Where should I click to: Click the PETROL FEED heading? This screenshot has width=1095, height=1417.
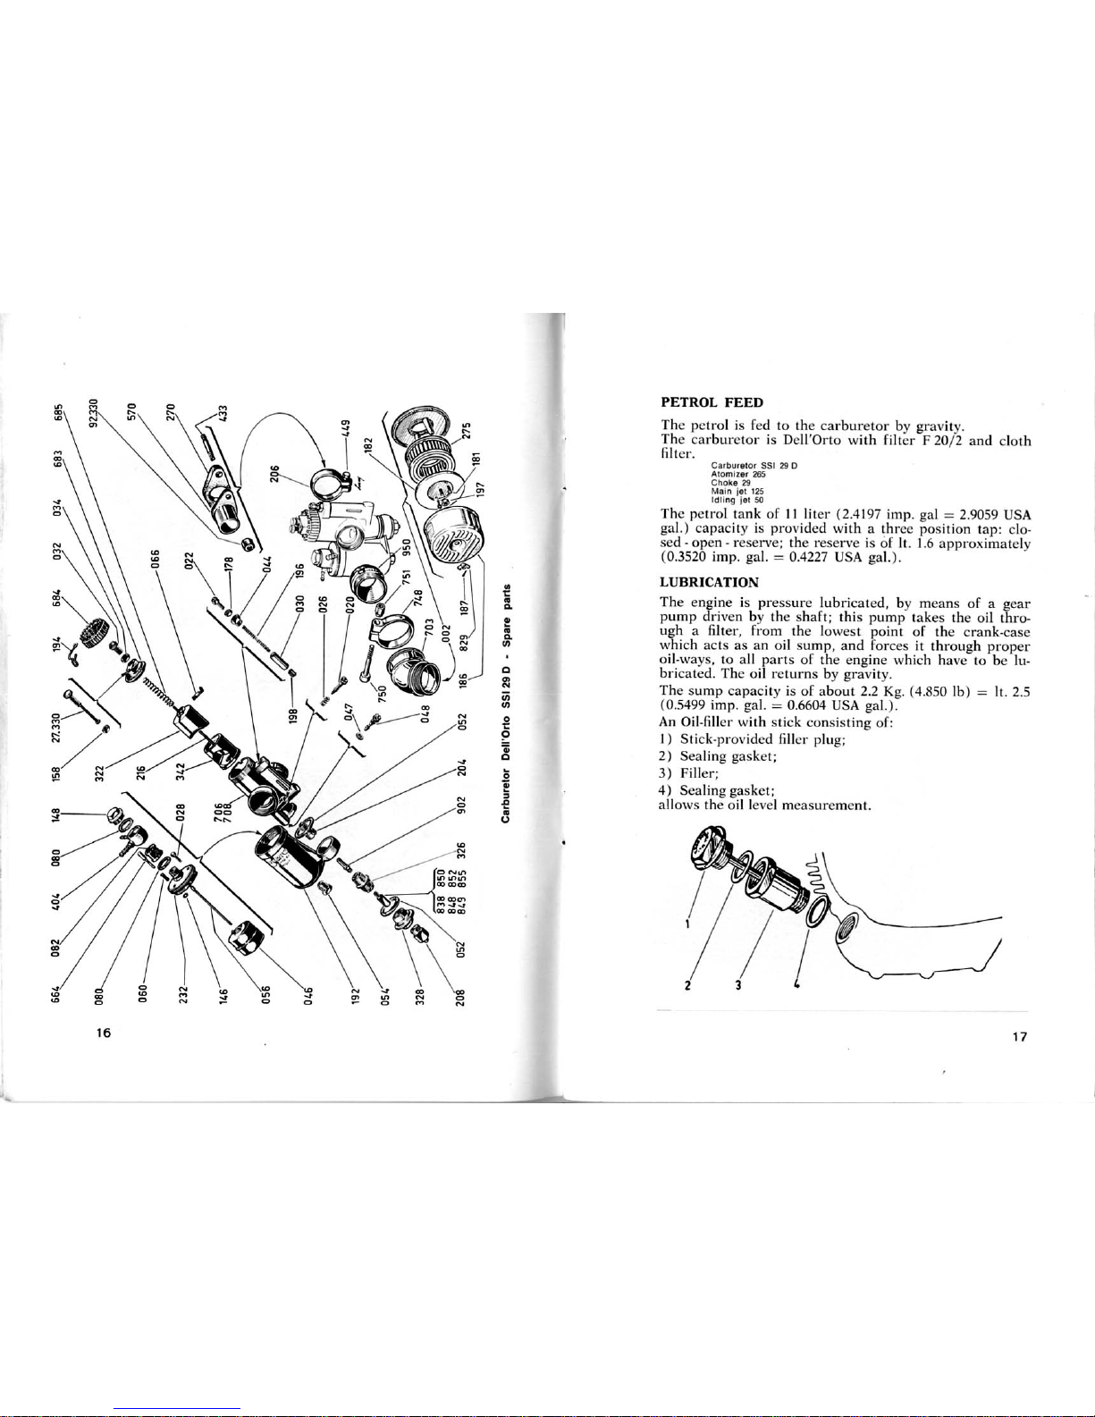[x=712, y=402]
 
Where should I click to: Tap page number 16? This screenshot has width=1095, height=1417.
[x=103, y=1033]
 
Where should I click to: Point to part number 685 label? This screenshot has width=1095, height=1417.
[x=58, y=413]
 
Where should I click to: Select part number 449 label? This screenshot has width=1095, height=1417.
[x=348, y=427]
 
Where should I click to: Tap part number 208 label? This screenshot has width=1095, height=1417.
[x=459, y=997]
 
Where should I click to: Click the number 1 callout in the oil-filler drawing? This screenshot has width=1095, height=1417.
[x=686, y=924]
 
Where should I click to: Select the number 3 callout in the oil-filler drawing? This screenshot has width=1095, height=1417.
[x=737, y=985]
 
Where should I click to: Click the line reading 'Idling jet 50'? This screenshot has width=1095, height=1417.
[x=733, y=500]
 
